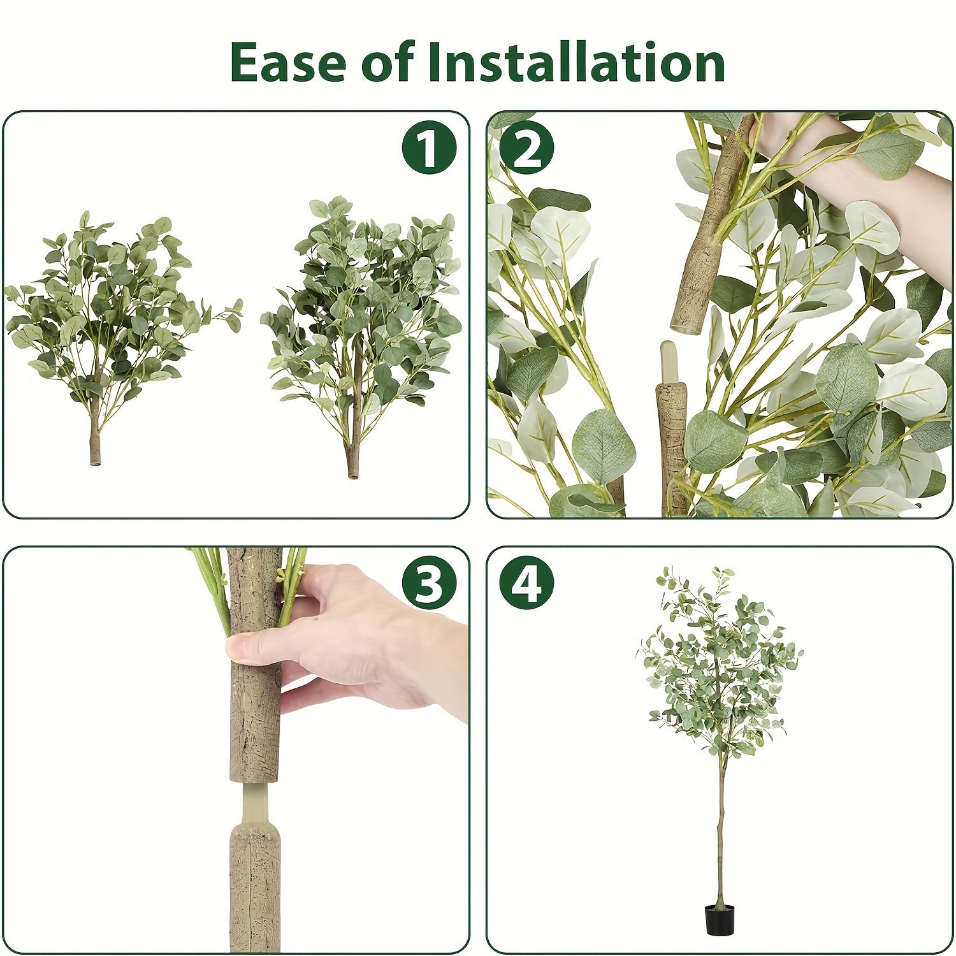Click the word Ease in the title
tap(289, 62)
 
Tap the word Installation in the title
tap(576, 62)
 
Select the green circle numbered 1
tap(429, 147)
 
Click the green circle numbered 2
tap(526, 147)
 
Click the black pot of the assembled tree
tap(720, 920)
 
